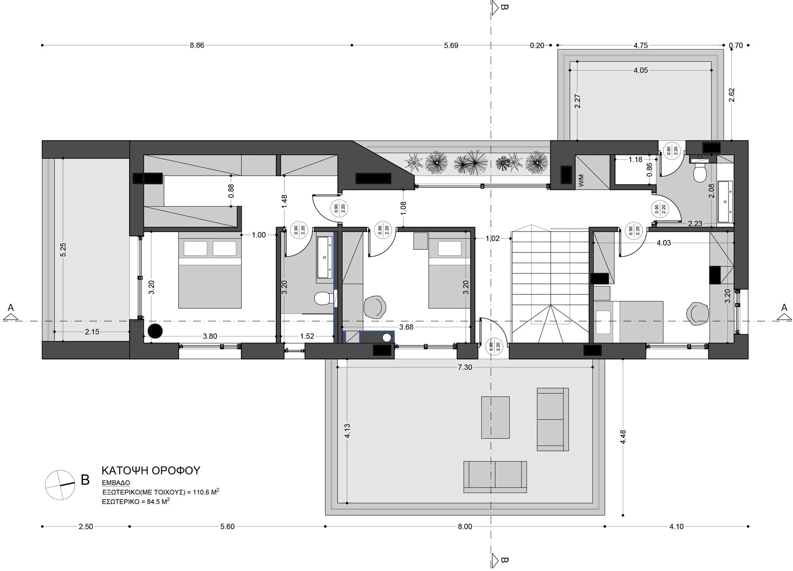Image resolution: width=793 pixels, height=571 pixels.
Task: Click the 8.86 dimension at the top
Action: click(x=197, y=45)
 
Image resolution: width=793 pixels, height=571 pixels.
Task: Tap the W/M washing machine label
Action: click(x=582, y=180)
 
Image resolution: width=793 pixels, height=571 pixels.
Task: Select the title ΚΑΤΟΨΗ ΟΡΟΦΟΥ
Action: click(x=151, y=471)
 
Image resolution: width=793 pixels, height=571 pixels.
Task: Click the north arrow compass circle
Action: click(x=60, y=485)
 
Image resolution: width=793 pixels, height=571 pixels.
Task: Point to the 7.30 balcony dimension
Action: click(x=465, y=367)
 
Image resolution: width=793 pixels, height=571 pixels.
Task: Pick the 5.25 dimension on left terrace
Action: click(x=63, y=250)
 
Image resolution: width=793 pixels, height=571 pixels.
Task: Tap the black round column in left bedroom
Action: click(x=155, y=331)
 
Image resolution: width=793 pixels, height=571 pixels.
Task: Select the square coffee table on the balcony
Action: click(x=495, y=418)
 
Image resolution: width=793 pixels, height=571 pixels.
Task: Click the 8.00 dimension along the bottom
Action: click(x=465, y=526)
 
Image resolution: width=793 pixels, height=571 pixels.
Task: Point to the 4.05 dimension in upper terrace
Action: click(x=641, y=71)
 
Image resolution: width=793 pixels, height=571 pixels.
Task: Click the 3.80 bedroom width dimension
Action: click(x=210, y=336)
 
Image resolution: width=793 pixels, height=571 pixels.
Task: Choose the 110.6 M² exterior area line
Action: click(x=161, y=492)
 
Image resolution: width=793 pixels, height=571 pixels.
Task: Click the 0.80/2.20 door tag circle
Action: click(x=672, y=151)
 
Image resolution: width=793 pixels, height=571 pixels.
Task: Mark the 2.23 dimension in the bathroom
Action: click(x=695, y=224)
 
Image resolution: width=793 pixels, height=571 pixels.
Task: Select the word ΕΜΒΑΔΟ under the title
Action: click(x=116, y=483)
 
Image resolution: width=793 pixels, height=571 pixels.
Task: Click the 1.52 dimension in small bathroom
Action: click(x=307, y=336)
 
